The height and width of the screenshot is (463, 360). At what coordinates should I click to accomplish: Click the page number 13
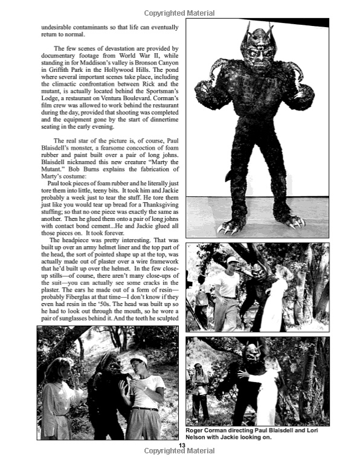tap(181, 445)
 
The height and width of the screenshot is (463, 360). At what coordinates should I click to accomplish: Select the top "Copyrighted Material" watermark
tap(181, 12)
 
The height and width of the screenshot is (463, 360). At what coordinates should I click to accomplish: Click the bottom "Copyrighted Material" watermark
tap(181, 451)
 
